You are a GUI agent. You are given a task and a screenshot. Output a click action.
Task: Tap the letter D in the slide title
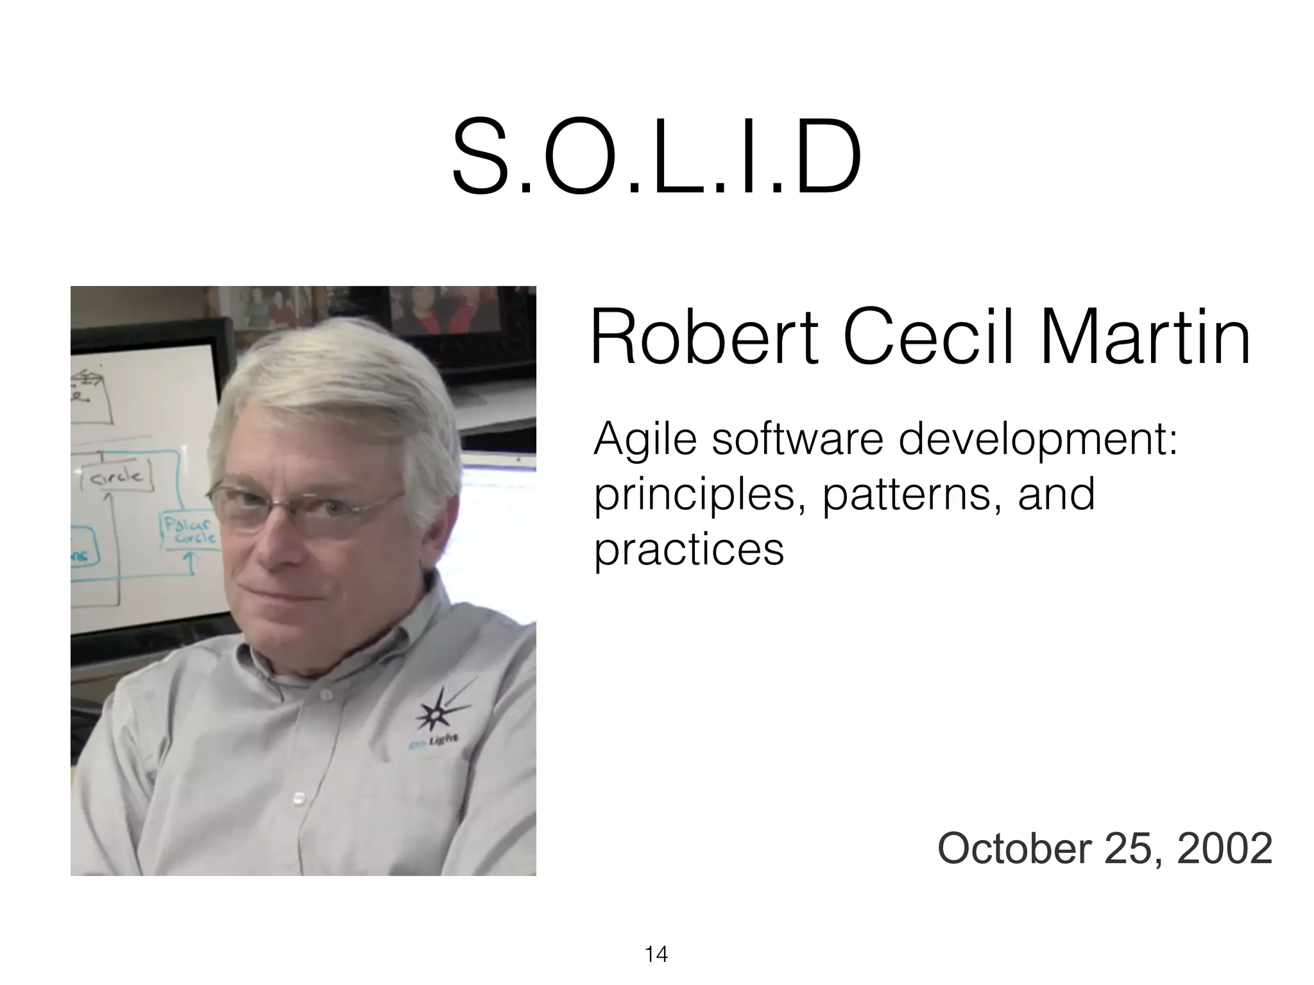pyautogui.click(x=823, y=157)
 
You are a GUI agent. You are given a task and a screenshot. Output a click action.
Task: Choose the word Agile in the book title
pyautogui.click(x=645, y=441)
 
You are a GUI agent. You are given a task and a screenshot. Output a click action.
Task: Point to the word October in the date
pyautogui.click(x=1014, y=848)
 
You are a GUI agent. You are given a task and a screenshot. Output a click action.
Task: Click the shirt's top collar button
pyautogui.click(x=327, y=695)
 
